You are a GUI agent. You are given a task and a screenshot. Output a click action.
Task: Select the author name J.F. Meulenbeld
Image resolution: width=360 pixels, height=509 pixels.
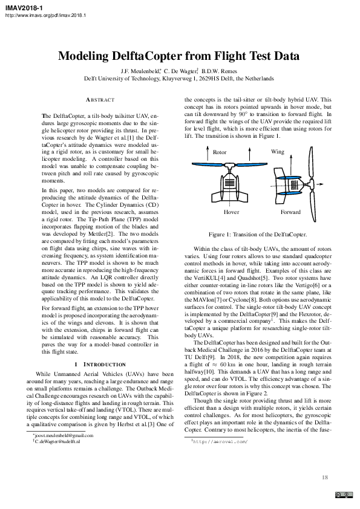tap(141, 71)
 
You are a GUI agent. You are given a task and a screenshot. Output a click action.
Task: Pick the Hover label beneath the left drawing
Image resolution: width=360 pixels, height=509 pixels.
tap(231, 213)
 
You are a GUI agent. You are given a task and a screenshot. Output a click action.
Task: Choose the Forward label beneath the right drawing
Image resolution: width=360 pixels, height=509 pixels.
tap(290, 213)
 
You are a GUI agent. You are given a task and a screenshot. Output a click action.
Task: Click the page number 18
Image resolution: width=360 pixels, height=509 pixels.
tap(325, 478)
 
